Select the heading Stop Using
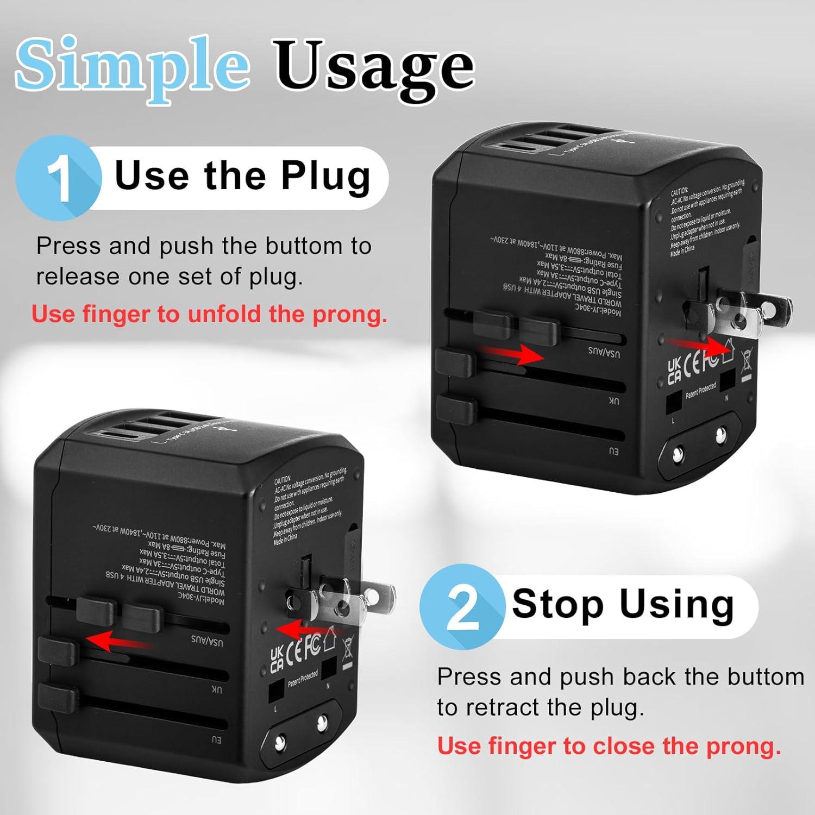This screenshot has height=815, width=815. point(623,605)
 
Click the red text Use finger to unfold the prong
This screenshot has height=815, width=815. point(209,315)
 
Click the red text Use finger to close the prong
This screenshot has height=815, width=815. point(609,746)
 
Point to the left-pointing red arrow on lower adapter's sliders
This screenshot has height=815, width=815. point(117,641)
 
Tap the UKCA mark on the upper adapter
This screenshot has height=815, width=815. point(674,371)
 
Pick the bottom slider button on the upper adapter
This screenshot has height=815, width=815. point(456,410)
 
